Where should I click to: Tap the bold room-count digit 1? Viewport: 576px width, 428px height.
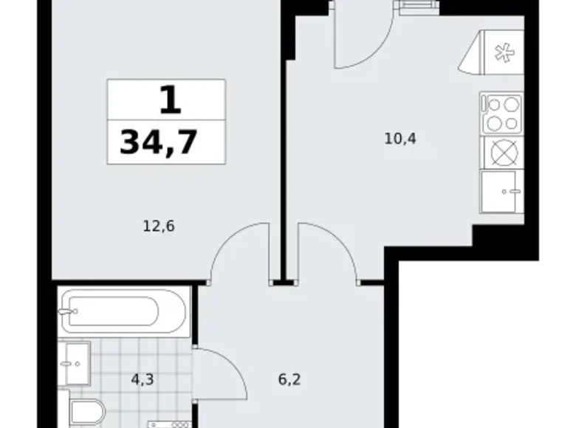[x=169, y=100]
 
